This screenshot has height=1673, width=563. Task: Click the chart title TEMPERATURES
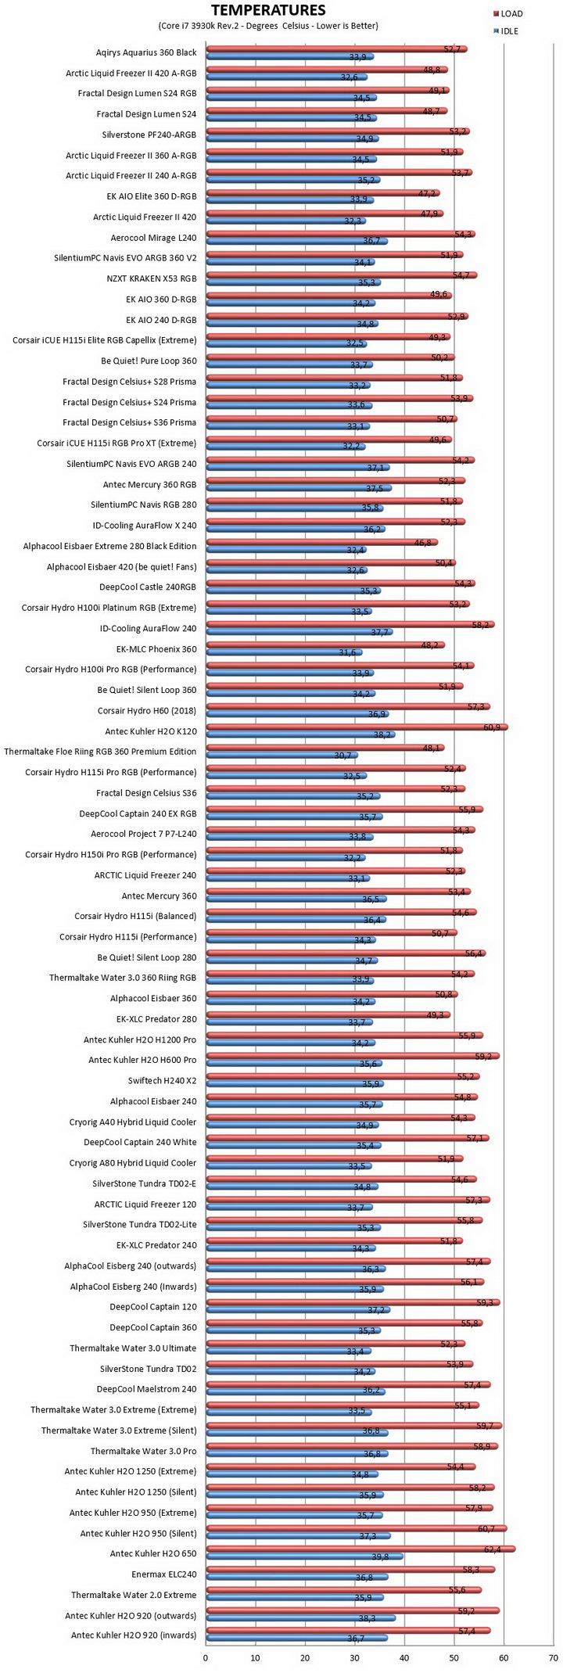pyautogui.click(x=268, y=10)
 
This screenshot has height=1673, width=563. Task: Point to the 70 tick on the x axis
pyautogui.click(x=554, y=1657)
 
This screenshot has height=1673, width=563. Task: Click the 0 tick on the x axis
pyautogui.click(x=206, y=1657)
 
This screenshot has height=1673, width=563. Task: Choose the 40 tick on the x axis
pyautogui.click(x=404, y=1657)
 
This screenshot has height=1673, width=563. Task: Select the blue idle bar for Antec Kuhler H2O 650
pyautogui.click(x=304, y=1556)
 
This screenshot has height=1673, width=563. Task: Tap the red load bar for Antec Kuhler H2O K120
pyautogui.click(x=357, y=727)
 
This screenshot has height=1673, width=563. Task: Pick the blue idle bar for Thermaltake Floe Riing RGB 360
pyautogui.click(x=281, y=756)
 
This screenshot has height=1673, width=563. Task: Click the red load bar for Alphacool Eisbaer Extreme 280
pyautogui.click(x=321, y=542)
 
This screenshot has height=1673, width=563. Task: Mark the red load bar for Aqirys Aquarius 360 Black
pyautogui.click(x=336, y=48)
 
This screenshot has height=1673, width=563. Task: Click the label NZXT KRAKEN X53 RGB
pyautogui.click(x=151, y=278)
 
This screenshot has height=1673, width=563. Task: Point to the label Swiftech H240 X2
pyautogui.click(x=162, y=1080)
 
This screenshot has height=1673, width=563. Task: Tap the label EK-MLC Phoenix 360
pyautogui.click(x=156, y=648)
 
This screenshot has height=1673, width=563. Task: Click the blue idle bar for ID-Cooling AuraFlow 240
pyautogui.click(x=299, y=632)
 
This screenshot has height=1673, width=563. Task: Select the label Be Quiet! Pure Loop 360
pyautogui.click(x=149, y=361)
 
